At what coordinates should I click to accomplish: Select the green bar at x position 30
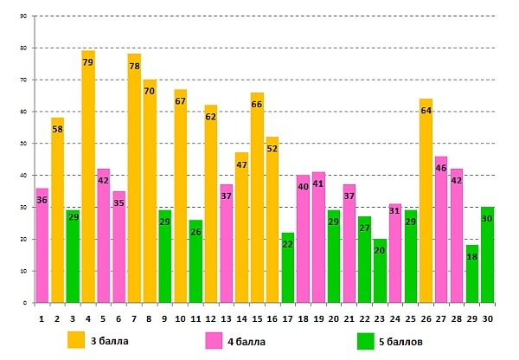[487, 255]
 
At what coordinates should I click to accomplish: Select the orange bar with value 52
[272, 220]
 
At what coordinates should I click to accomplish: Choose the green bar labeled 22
[288, 268]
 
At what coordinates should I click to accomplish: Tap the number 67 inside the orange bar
[180, 101]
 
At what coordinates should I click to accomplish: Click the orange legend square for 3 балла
[77, 340]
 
